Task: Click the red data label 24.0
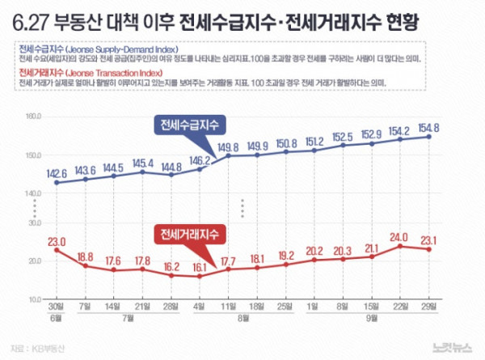click(399, 237)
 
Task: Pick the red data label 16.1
click(200, 265)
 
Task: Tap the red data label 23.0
click(57, 241)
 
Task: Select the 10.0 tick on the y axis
click(35, 299)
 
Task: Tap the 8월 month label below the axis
click(242, 320)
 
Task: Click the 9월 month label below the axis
click(371, 320)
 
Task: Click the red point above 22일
click(399, 245)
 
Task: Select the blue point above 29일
click(428, 137)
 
